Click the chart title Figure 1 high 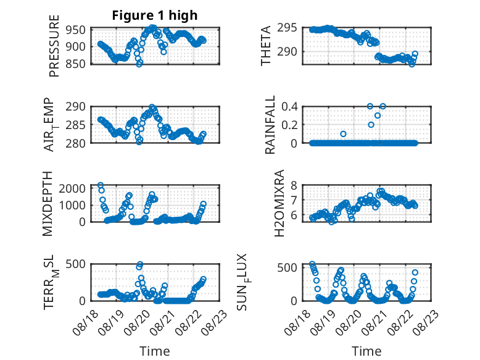pos(155,15)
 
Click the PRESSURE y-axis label pos(54,46)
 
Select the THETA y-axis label pos(266,46)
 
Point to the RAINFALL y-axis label pos(270,125)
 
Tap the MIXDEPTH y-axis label pos(48,204)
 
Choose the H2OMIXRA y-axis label pos(279,203)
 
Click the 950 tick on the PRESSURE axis pos(75,30)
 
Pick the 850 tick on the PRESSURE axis pos(75,64)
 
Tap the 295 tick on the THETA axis pos(287,28)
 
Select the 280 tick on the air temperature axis pos(75,143)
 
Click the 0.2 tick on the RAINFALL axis pos(289,125)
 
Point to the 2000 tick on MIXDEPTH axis pos(72,188)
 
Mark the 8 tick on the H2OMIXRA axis pos(294,185)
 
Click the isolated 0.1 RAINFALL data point pos(343,134)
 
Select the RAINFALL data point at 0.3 pos(378,115)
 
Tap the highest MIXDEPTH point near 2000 pos(100,185)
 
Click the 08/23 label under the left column pos(217,322)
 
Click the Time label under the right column pos(366,351)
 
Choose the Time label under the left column pos(155,351)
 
